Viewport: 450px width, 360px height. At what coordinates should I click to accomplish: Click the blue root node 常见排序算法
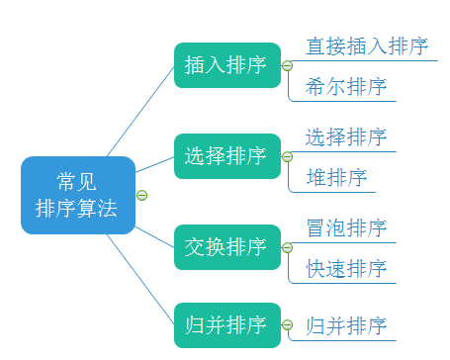(x=77, y=195)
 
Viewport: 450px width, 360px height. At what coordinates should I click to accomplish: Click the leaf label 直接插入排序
(x=366, y=46)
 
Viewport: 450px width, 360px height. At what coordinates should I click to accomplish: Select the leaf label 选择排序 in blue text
(x=345, y=136)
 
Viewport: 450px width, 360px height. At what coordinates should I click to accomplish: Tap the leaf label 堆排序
(x=336, y=177)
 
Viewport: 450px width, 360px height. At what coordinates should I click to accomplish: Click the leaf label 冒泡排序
(x=345, y=227)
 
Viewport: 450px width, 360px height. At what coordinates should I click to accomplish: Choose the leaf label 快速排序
(x=345, y=268)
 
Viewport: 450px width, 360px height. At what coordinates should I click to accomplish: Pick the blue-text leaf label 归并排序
(x=345, y=324)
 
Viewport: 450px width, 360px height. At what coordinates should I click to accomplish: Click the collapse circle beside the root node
(x=141, y=195)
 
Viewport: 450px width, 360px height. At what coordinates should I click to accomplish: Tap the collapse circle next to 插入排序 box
(x=287, y=66)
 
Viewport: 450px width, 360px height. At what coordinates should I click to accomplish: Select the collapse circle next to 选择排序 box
(x=287, y=156)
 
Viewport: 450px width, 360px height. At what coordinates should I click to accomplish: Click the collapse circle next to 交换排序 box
(x=287, y=246)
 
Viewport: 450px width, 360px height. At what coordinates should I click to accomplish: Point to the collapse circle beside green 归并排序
(x=287, y=324)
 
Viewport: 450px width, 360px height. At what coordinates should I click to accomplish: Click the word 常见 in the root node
(x=77, y=181)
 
